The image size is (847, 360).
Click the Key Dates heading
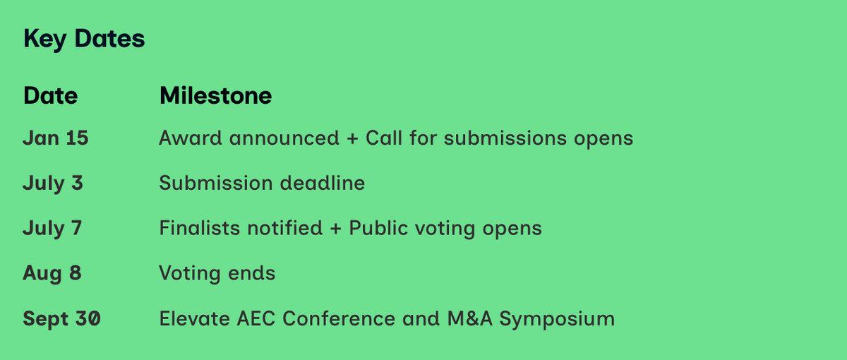click(x=84, y=39)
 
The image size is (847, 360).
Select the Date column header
click(x=50, y=95)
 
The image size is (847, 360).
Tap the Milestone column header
click(x=215, y=95)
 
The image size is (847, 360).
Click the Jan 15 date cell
click(x=56, y=138)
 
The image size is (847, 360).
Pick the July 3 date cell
click(x=52, y=184)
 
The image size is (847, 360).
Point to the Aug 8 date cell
click(x=52, y=274)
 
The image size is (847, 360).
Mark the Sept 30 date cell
click(x=61, y=319)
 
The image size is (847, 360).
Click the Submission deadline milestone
click(x=262, y=183)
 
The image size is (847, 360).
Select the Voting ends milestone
click(x=217, y=274)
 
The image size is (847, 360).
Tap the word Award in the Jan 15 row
click(x=190, y=138)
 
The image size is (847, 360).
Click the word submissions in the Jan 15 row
click(x=505, y=138)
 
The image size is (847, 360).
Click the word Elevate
click(x=194, y=318)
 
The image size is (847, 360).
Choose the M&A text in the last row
click(x=470, y=318)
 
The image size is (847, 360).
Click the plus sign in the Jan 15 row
click(x=352, y=138)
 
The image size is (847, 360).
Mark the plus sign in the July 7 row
click(x=335, y=229)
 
